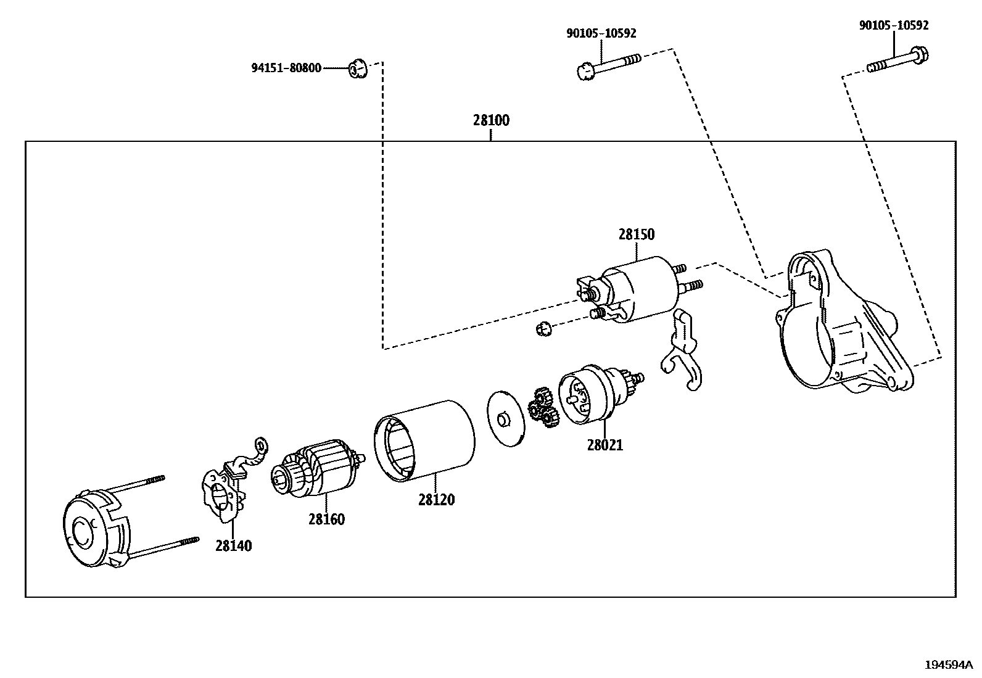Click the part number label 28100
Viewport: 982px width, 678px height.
(x=491, y=120)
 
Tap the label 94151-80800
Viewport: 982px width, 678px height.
(x=286, y=68)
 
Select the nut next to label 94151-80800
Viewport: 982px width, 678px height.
(x=358, y=68)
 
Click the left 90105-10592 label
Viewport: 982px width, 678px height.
(x=601, y=34)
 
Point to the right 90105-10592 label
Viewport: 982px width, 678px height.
(x=893, y=26)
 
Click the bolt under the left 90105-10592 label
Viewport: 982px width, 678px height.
(x=608, y=65)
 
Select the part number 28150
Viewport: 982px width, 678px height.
(x=637, y=235)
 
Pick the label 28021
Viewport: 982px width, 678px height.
(x=604, y=445)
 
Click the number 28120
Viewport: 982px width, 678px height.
(x=436, y=500)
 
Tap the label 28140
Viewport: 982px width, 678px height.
(x=233, y=546)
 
